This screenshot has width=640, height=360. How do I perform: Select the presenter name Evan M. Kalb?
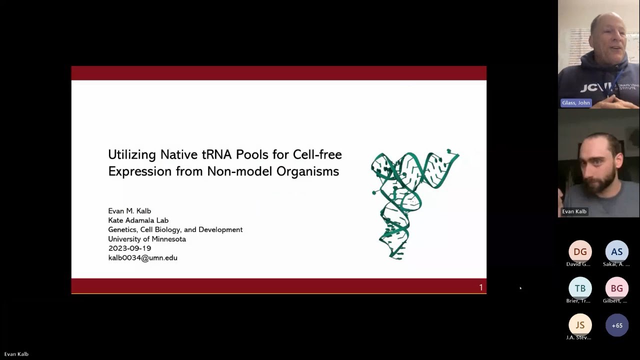point(129,211)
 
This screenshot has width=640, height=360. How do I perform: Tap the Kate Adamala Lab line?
point(138,220)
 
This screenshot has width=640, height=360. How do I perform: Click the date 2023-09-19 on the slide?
point(129,248)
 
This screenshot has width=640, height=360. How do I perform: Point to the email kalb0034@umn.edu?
point(142,258)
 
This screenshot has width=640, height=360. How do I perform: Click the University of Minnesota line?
point(147,239)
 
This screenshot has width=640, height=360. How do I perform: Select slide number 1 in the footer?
point(481,287)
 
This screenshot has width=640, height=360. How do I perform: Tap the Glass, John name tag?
point(576,103)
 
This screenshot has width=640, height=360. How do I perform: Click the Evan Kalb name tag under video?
point(574,211)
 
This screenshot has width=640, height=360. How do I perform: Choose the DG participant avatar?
point(580,252)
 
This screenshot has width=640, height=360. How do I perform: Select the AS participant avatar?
point(616,252)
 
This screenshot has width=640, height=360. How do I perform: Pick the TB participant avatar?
point(580,288)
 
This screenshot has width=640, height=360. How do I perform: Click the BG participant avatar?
point(616,288)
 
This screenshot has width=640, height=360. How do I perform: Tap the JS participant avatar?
point(580,325)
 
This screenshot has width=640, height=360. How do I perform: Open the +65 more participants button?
point(617,325)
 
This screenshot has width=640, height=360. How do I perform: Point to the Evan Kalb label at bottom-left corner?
point(16,354)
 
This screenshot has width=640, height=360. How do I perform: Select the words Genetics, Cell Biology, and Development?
point(175,229)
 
